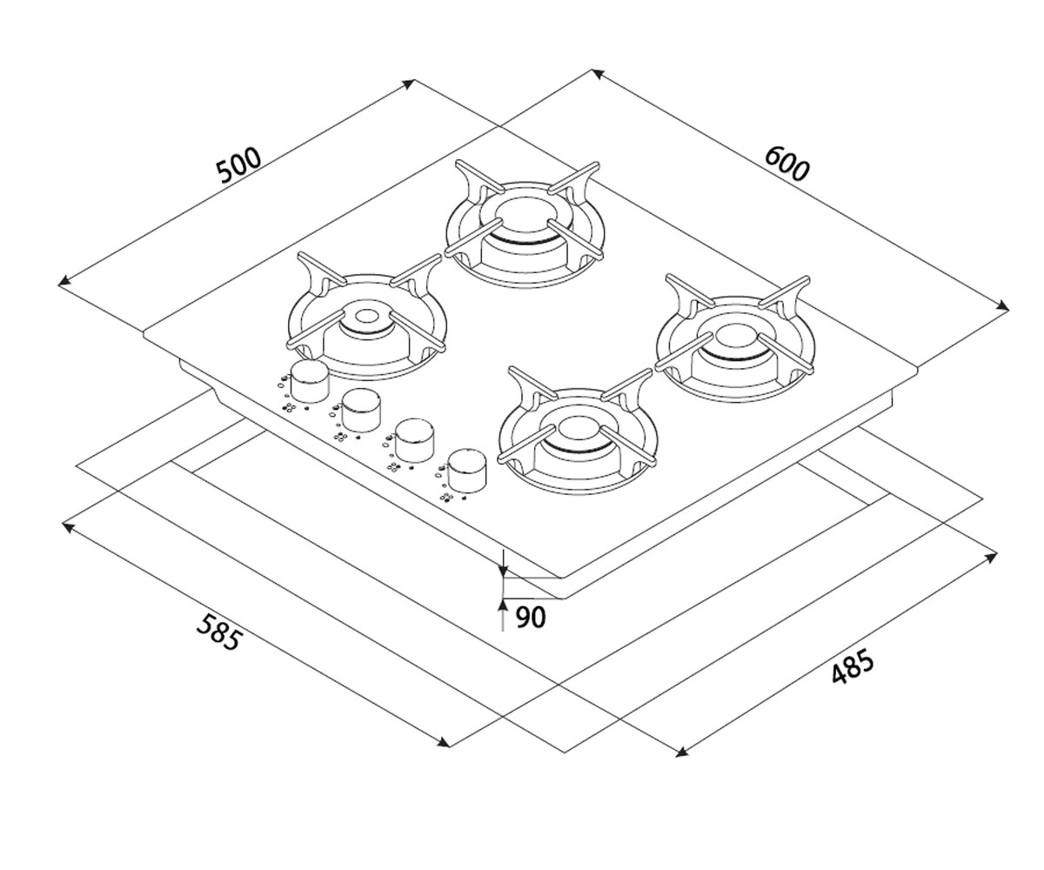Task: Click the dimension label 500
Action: click(x=238, y=164)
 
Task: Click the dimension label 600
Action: click(x=786, y=164)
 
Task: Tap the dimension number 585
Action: click(x=219, y=632)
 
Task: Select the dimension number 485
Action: click(x=853, y=666)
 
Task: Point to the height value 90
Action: click(x=531, y=618)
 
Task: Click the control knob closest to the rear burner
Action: click(x=310, y=382)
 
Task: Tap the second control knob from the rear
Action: click(x=362, y=410)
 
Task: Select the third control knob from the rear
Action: click(x=414, y=440)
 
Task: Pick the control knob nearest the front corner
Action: click(x=467, y=471)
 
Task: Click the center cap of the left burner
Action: click(x=367, y=316)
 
